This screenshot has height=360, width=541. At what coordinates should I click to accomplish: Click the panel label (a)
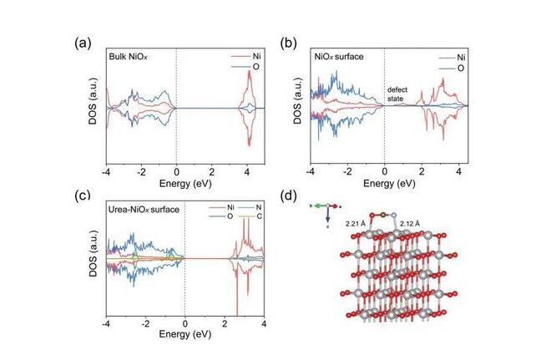81,43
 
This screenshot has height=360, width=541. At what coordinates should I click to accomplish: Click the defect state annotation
398,94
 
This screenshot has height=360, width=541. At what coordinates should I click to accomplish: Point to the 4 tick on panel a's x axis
247,170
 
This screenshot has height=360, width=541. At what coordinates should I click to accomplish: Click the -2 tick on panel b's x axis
346,170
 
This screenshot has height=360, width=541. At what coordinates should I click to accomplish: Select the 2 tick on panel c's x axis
224,322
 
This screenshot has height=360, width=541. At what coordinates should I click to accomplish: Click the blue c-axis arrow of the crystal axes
327,220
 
